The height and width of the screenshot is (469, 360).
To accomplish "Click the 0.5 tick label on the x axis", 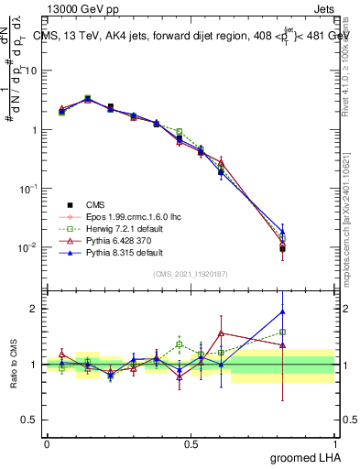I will point(191,443).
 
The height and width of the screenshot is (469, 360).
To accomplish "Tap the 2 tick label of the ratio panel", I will point(36,309).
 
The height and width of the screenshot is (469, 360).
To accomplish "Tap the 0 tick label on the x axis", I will point(47,443).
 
